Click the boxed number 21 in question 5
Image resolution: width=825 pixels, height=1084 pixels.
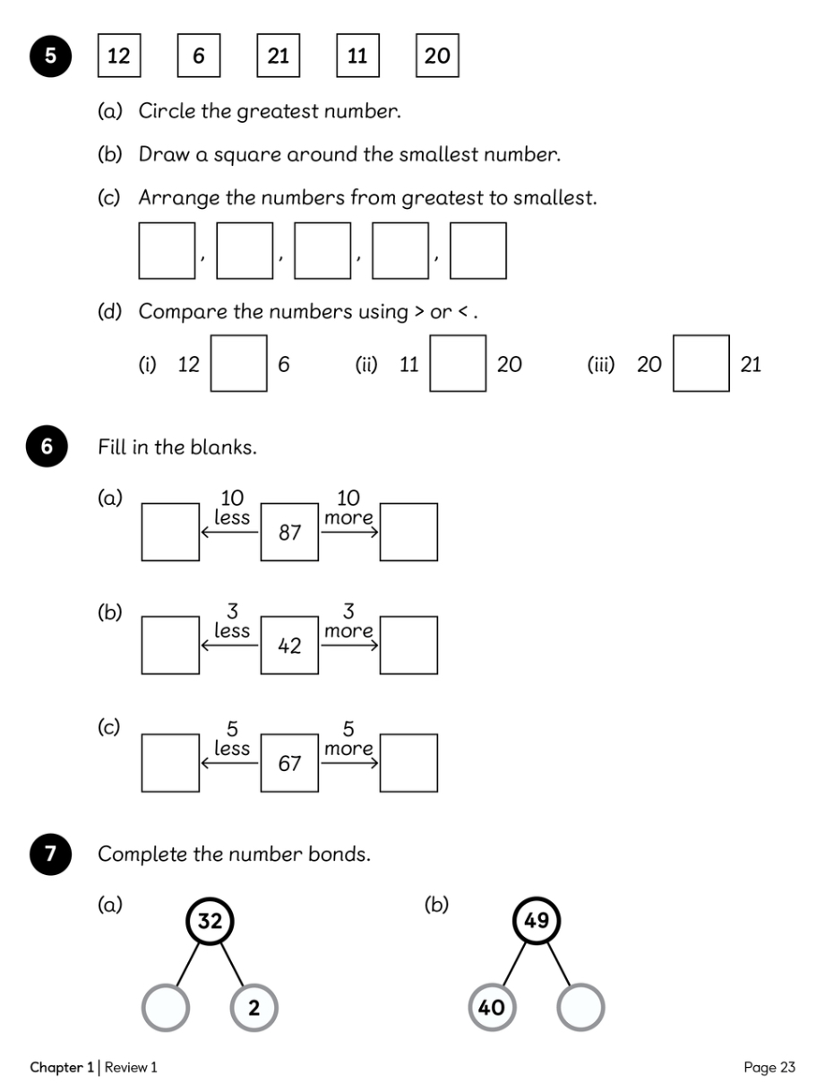[x=278, y=56]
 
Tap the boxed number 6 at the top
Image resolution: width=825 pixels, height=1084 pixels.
[x=198, y=56]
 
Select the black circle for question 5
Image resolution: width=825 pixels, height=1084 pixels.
[x=50, y=56]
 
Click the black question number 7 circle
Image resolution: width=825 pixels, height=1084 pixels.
[x=50, y=854]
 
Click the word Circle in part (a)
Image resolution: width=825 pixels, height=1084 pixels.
[x=167, y=110]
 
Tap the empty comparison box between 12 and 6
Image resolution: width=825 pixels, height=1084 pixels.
[x=239, y=363]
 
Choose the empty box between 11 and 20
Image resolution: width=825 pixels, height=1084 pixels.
[x=458, y=363]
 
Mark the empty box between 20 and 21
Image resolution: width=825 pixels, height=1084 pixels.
[x=700, y=363]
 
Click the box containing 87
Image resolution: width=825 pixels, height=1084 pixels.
[x=289, y=532]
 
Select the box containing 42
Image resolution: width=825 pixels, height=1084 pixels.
[x=289, y=645]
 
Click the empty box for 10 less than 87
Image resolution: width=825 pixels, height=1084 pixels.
[x=170, y=532]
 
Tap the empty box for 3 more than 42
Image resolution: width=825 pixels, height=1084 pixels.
[x=408, y=645]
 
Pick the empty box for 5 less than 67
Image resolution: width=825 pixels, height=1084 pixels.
[x=170, y=762]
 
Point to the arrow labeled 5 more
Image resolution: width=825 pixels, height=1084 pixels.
[x=349, y=762]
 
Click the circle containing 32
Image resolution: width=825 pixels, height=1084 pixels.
[x=210, y=921]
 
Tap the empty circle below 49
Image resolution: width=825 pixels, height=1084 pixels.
[x=580, y=1007]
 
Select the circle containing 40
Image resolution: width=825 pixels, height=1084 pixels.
[x=492, y=1007]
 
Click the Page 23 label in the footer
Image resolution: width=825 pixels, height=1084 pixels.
[x=769, y=1067]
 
